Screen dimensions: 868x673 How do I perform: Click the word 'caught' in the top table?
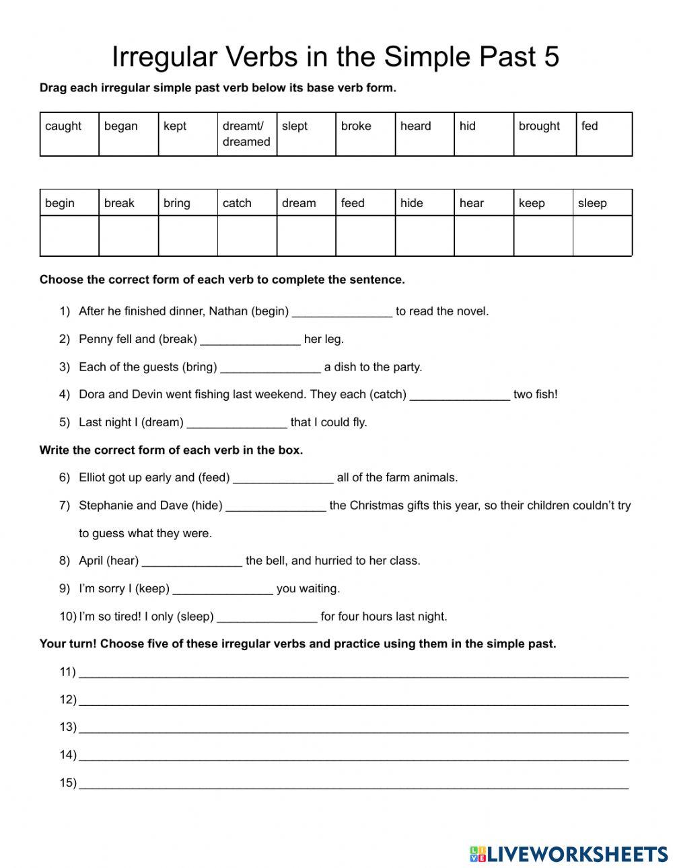(63, 126)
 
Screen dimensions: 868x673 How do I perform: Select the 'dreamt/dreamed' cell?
(246, 134)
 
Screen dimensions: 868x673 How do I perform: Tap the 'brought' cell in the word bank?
(539, 126)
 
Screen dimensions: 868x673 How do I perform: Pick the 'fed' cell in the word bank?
(590, 126)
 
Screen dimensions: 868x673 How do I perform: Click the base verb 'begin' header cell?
(60, 203)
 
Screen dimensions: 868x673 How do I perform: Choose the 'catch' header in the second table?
(237, 203)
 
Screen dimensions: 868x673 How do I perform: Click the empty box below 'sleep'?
(602, 236)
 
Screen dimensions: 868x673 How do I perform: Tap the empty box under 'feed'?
(365, 236)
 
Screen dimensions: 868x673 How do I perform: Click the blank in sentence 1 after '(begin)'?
(342, 312)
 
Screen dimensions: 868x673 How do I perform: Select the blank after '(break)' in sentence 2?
(250, 340)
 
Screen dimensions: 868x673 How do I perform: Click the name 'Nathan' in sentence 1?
(228, 311)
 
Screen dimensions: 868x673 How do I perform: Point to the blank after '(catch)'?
(460, 395)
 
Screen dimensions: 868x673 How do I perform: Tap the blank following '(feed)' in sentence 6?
(283, 479)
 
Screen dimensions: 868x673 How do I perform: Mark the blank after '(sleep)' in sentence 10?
(267, 617)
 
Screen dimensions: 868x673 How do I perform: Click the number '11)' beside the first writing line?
(67, 672)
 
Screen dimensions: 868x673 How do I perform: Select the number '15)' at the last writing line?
(67, 783)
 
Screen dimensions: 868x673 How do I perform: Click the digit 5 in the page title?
(551, 57)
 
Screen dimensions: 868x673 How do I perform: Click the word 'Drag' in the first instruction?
(52, 88)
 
